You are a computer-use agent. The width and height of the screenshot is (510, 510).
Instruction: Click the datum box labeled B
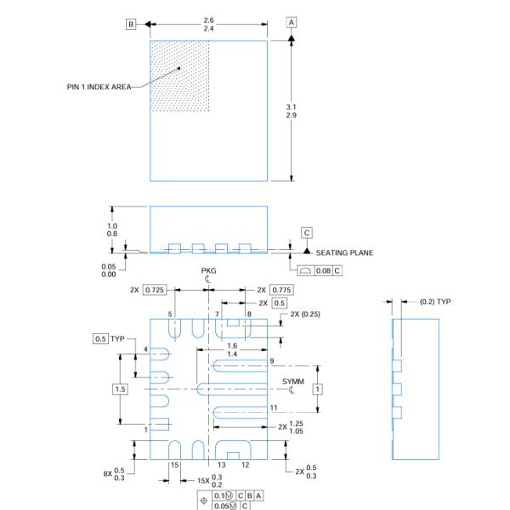click(x=132, y=24)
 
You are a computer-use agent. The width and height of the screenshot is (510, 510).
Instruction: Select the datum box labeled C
click(x=307, y=232)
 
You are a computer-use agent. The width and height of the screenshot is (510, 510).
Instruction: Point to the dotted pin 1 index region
click(x=179, y=75)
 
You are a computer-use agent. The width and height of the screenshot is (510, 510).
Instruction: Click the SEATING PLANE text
click(x=344, y=252)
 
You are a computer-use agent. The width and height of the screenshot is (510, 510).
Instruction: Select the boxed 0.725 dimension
click(x=154, y=291)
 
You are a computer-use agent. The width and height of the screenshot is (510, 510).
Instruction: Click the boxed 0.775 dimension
click(x=281, y=291)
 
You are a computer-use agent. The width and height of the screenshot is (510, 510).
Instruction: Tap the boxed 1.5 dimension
click(x=121, y=388)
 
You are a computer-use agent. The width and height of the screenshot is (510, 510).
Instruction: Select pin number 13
click(x=220, y=465)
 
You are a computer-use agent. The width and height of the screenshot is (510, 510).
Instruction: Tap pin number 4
click(x=145, y=349)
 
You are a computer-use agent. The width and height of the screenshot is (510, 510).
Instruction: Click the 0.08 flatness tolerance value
click(x=324, y=270)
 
